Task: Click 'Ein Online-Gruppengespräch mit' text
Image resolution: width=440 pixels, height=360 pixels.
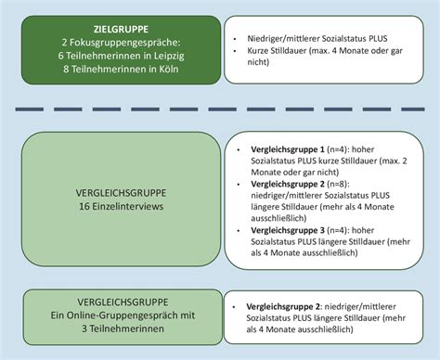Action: tap(115, 316)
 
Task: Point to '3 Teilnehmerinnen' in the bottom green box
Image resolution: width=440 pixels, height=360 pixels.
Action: tap(115, 329)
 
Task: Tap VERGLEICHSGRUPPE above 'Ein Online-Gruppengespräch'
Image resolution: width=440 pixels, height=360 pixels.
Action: tap(115, 302)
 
